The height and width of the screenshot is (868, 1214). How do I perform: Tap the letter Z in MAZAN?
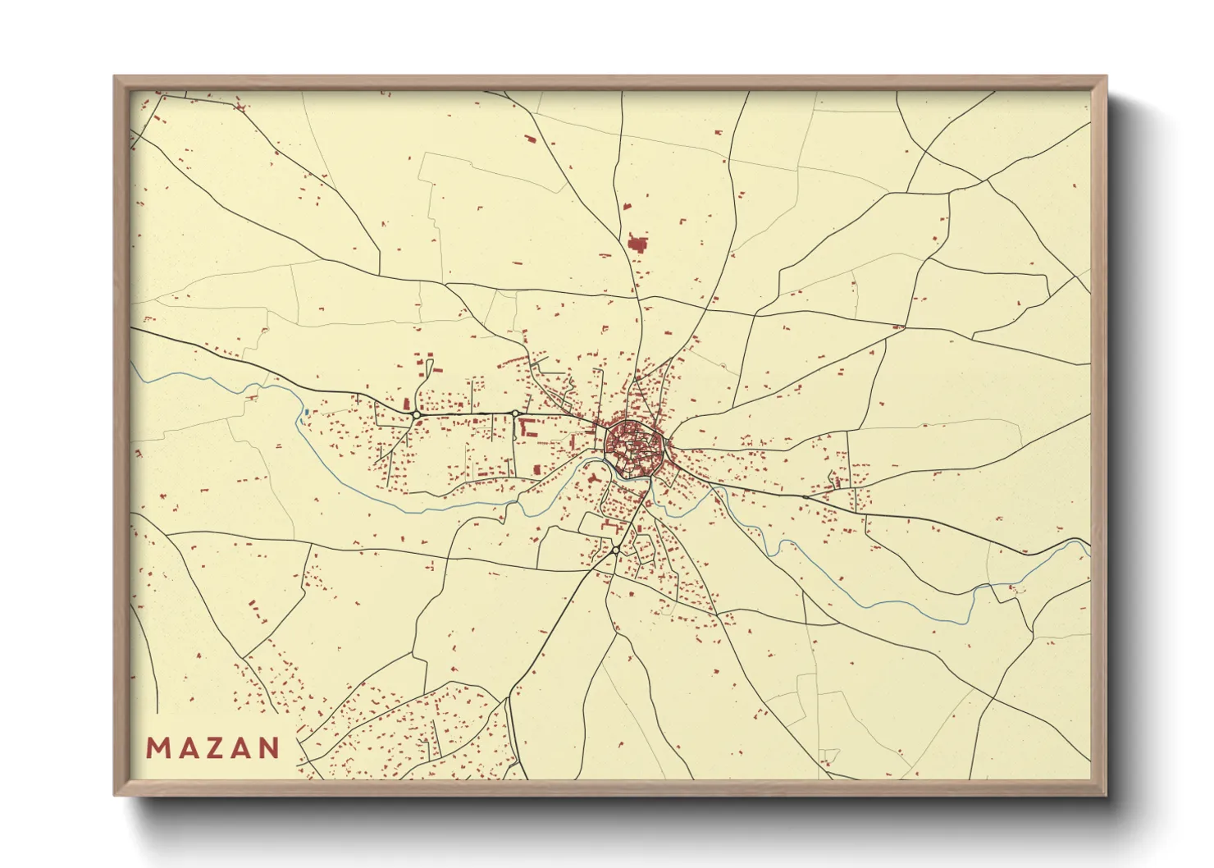point(213,747)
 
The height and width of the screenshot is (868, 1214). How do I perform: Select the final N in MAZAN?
point(268,747)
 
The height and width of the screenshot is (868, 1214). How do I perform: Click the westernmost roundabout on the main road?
point(417,415)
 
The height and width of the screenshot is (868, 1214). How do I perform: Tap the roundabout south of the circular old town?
point(614,550)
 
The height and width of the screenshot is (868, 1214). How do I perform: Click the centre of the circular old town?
point(632,447)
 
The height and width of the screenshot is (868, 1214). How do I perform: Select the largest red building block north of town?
point(637,242)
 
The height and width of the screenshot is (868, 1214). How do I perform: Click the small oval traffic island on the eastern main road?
point(805,496)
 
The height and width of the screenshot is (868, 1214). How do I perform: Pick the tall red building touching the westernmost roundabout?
point(406,404)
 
